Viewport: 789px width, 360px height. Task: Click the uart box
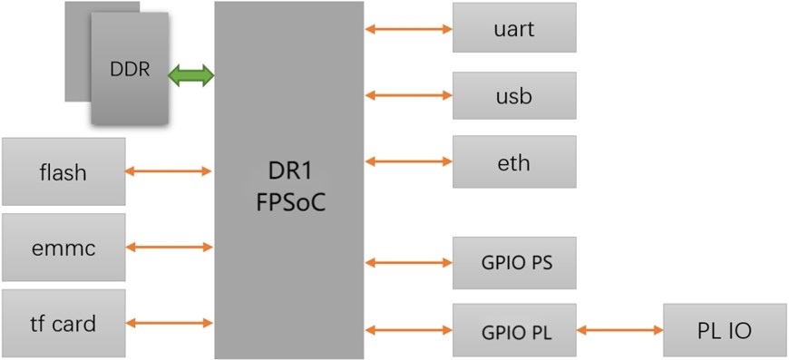514,28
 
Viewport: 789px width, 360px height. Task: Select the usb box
514,95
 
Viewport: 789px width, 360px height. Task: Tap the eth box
514,162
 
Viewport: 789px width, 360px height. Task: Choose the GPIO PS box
514,263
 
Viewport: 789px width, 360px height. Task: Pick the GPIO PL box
514,330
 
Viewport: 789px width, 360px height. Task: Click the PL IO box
725,330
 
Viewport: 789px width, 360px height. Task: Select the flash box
63,171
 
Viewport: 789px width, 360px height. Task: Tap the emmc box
63,247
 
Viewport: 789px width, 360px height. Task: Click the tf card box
63,323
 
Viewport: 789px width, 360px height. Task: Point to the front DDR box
130,69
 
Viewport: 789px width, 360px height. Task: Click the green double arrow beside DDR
190,76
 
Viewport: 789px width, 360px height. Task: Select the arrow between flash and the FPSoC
169,171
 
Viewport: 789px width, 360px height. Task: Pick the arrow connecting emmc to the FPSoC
169,247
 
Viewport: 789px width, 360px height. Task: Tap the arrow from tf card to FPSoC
169,323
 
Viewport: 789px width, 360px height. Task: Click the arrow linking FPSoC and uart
408,29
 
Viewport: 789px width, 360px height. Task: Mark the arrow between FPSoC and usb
408,95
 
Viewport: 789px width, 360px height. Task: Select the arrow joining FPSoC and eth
408,162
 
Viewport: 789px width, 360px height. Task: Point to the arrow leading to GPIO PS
408,263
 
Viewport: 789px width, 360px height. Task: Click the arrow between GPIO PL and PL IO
620,331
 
